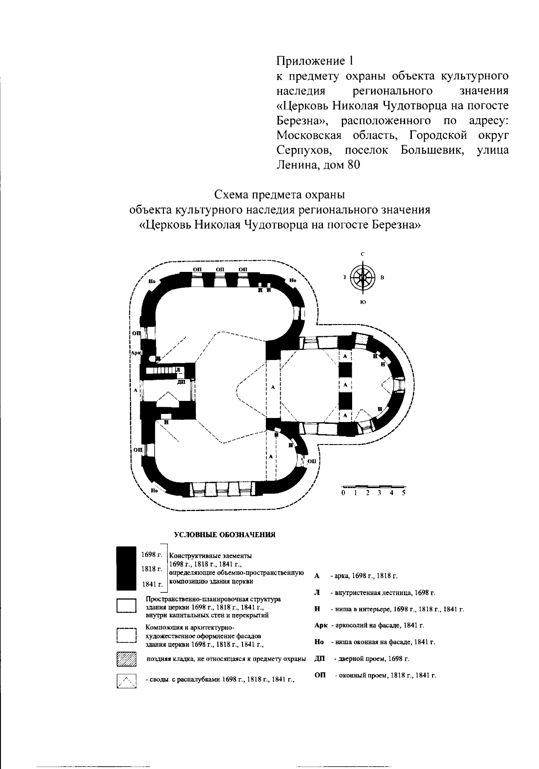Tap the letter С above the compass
click(362, 254)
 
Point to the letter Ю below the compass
click(362, 302)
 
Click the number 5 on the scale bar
click(403, 493)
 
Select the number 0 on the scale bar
click(343, 493)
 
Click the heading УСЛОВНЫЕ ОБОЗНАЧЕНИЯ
click(225, 535)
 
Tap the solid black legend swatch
click(126, 568)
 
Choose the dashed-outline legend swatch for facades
click(126, 636)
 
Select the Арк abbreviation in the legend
click(321, 625)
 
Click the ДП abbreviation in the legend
click(320, 658)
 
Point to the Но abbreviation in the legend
click(319, 642)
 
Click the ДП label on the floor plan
click(181, 382)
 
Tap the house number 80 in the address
click(353, 164)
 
